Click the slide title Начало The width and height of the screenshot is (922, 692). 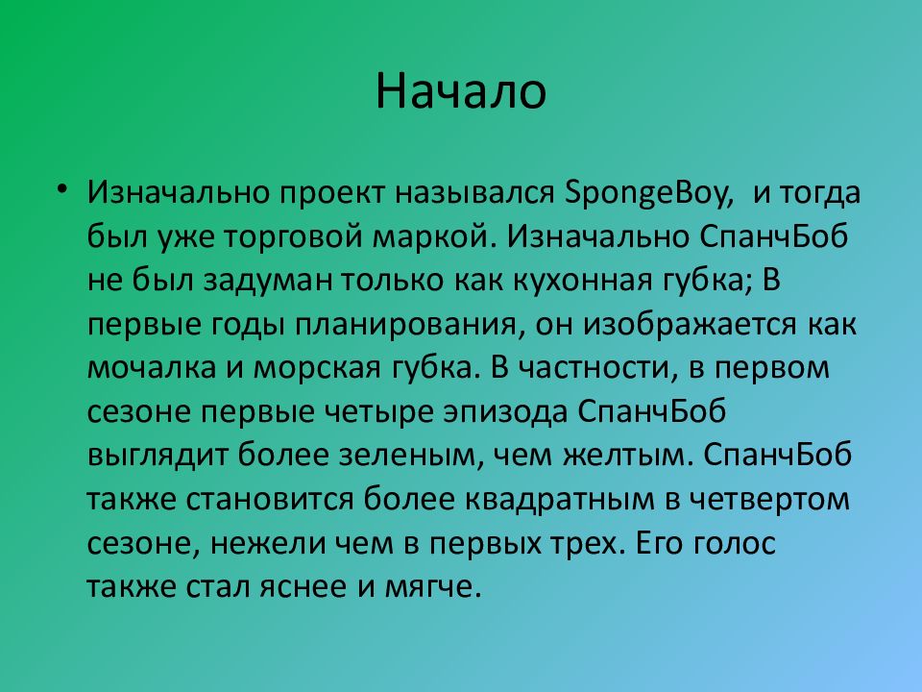(x=461, y=90)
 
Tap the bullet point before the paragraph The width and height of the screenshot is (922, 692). (x=62, y=189)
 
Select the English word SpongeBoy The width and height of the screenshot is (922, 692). (x=649, y=194)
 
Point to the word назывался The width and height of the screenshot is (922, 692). (x=474, y=194)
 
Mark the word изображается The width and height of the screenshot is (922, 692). (x=690, y=325)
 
